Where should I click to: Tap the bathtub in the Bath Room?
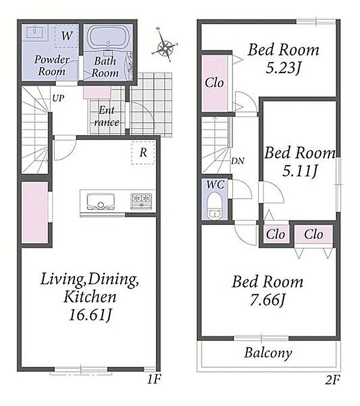pos(108,37)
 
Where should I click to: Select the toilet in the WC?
pos(213,207)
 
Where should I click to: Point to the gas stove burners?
pos(141,201)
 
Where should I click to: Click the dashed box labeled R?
pos(143,153)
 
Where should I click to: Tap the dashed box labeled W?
pos(66,36)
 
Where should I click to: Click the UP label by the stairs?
pos(58,98)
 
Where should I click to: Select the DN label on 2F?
pos(237,161)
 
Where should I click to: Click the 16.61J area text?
pos(91,315)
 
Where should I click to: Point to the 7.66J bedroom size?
pos(267,300)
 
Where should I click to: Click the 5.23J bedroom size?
pos(284,68)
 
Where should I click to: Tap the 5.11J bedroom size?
pos(300,171)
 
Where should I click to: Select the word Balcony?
pos(268,353)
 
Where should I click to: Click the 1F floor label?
pos(154,380)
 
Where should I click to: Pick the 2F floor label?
pos(332,380)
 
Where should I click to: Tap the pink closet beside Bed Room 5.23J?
pos(214,83)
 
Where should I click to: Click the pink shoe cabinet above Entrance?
pos(97,93)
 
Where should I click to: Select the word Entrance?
pos(106,116)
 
